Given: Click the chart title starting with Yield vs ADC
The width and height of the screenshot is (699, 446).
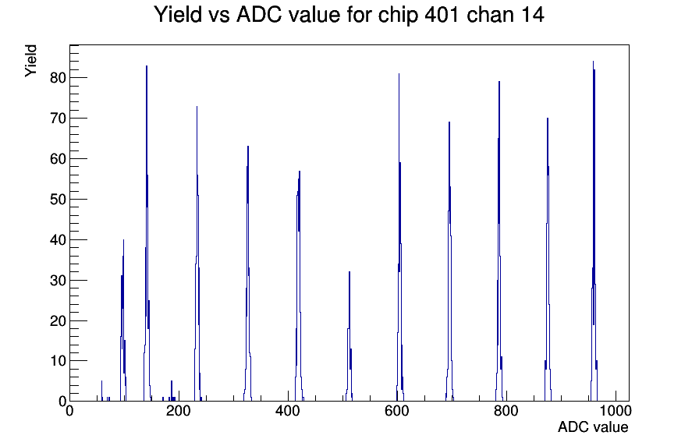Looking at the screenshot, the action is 349,14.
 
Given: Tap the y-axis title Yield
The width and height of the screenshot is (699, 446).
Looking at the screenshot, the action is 30,61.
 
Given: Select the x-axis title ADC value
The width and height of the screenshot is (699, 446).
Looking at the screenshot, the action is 593,427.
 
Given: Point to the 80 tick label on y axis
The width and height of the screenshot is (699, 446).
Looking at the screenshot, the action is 58,78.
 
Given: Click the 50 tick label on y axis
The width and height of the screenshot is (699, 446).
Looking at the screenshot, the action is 58,199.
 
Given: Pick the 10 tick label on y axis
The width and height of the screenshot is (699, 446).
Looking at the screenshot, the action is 58,361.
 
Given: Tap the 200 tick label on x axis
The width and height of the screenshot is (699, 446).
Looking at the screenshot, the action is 179,410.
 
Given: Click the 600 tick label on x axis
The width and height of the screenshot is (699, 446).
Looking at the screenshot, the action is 397,410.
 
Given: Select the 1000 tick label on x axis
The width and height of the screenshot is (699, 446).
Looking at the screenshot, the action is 616,410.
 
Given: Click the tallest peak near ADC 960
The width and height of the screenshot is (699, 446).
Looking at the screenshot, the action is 594,62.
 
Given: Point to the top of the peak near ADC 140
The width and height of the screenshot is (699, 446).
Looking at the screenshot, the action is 147,66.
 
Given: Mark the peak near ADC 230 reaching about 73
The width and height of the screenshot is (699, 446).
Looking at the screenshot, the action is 197,107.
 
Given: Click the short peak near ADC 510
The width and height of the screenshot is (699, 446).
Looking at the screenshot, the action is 349,272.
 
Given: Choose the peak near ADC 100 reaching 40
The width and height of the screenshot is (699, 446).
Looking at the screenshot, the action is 123,240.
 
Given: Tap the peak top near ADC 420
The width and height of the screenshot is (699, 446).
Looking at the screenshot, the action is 300,172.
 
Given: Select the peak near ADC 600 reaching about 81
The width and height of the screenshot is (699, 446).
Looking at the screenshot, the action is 399,74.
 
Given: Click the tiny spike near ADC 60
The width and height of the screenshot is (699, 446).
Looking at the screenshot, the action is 101,381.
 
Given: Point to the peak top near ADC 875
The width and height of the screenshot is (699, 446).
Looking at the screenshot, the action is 548,119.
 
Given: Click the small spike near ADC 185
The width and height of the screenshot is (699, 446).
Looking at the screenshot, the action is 172,381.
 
